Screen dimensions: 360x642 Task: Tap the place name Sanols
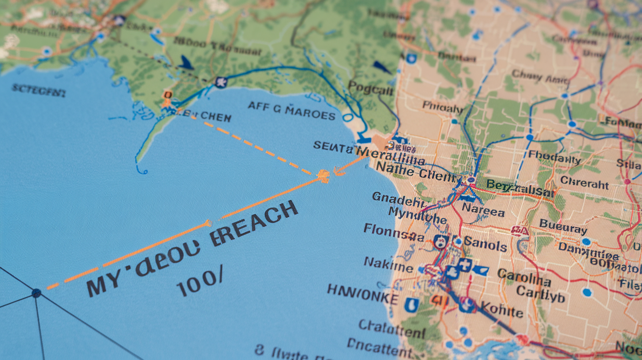tap(485, 244)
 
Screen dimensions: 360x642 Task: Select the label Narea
tap(483, 212)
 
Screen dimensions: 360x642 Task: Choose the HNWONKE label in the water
tap(362, 293)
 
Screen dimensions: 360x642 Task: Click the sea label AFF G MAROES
tap(291, 111)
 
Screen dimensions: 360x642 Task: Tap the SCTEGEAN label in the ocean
tap(38, 90)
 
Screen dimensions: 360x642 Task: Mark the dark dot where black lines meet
tap(36, 293)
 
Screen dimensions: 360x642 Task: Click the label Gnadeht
tap(398, 200)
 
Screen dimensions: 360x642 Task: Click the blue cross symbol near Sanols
tap(463, 266)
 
